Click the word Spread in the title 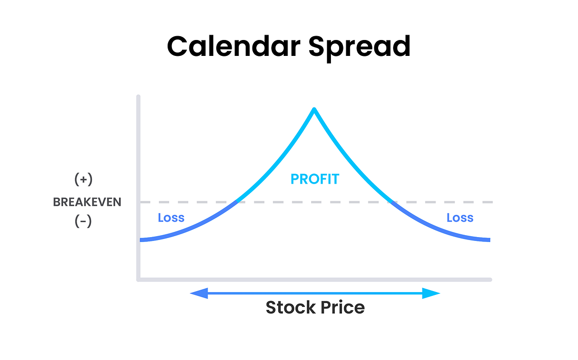click(359, 47)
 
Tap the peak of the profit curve click(314, 109)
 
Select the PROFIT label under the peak click(315, 180)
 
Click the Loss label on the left click(171, 218)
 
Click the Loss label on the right click(460, 218)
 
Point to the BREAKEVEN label click(87, 202)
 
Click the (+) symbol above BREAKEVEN click(83, 180)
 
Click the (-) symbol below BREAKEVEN click(83, 222)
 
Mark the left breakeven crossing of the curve click(236, 201)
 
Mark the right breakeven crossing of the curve click(392, 201)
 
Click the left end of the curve click(141, 240)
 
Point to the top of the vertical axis click(138, 97)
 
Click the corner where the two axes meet click(139, 279)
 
